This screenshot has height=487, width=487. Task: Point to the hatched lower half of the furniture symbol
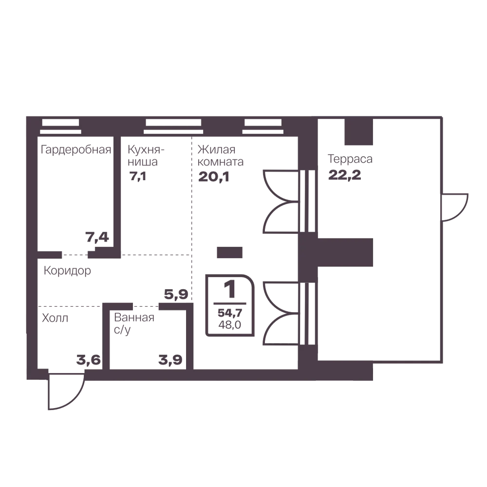[227, 319]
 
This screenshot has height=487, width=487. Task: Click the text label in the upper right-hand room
[349, 168]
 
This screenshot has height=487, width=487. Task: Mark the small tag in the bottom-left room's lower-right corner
[88, 361]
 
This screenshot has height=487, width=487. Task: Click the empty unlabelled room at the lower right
[377, 314]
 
